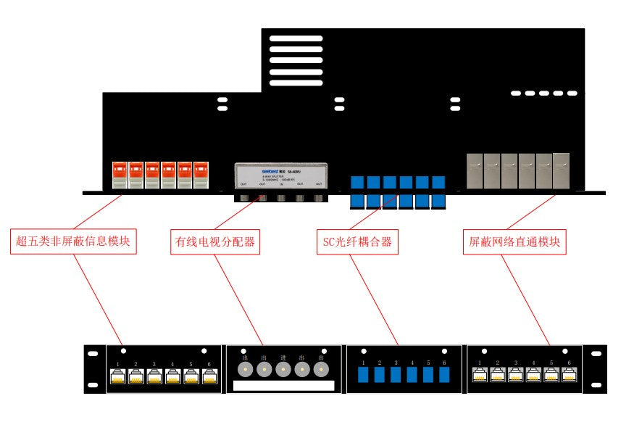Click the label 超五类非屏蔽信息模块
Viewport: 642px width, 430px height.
tap(74, 241)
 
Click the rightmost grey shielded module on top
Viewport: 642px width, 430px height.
tap(561, 170)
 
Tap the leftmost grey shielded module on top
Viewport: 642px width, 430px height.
tap(475, 170)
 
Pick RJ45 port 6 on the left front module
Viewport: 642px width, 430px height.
tap(209, 376)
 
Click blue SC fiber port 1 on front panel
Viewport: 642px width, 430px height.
tap(364, 375)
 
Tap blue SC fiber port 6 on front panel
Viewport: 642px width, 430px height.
tap(444, 375)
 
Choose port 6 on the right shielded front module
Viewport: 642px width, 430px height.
tap(570, 375)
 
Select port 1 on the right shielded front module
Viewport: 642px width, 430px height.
tap(480, 375)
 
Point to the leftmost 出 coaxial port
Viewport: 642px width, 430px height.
tap(246, 369)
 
